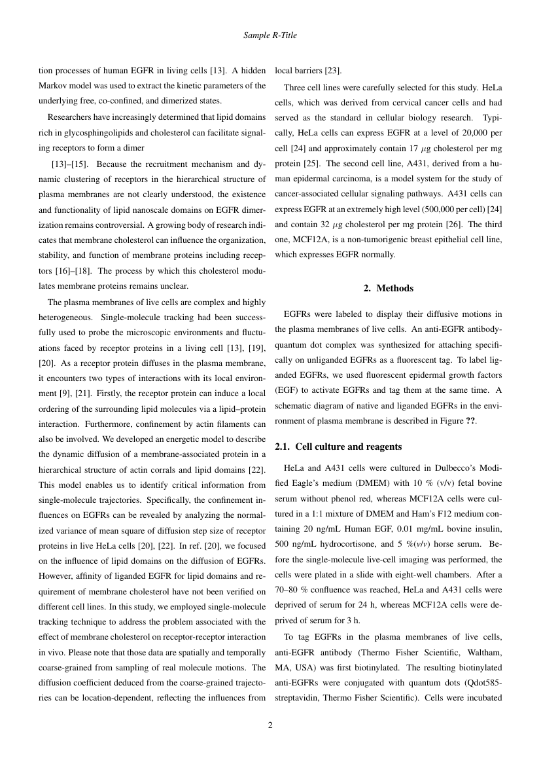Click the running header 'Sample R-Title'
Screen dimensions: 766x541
tap(270, 34)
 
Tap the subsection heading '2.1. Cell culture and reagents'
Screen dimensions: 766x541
tap(338, 447)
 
